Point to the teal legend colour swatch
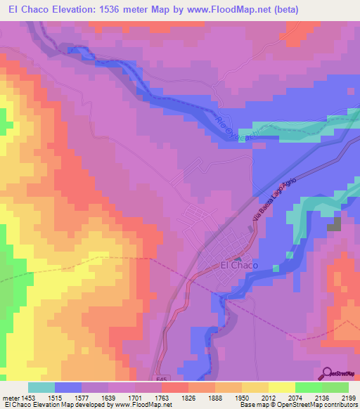pyautogui.click(x=41, y=387)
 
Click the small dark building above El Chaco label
pyautogui.click(x=236, y=258)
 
